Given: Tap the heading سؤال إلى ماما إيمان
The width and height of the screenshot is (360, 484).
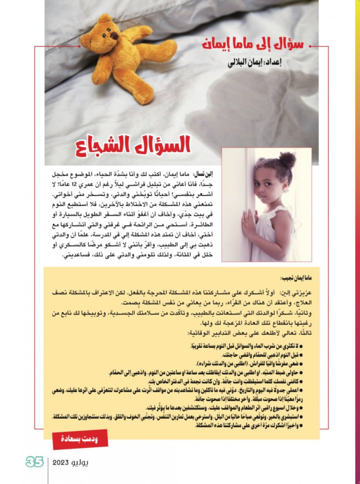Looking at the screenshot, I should click(x=252, y=46).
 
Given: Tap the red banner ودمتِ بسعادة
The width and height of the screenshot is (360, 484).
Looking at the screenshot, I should click(x=80, y=439).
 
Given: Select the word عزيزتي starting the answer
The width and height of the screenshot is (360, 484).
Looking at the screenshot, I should click(x=298, y=293).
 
